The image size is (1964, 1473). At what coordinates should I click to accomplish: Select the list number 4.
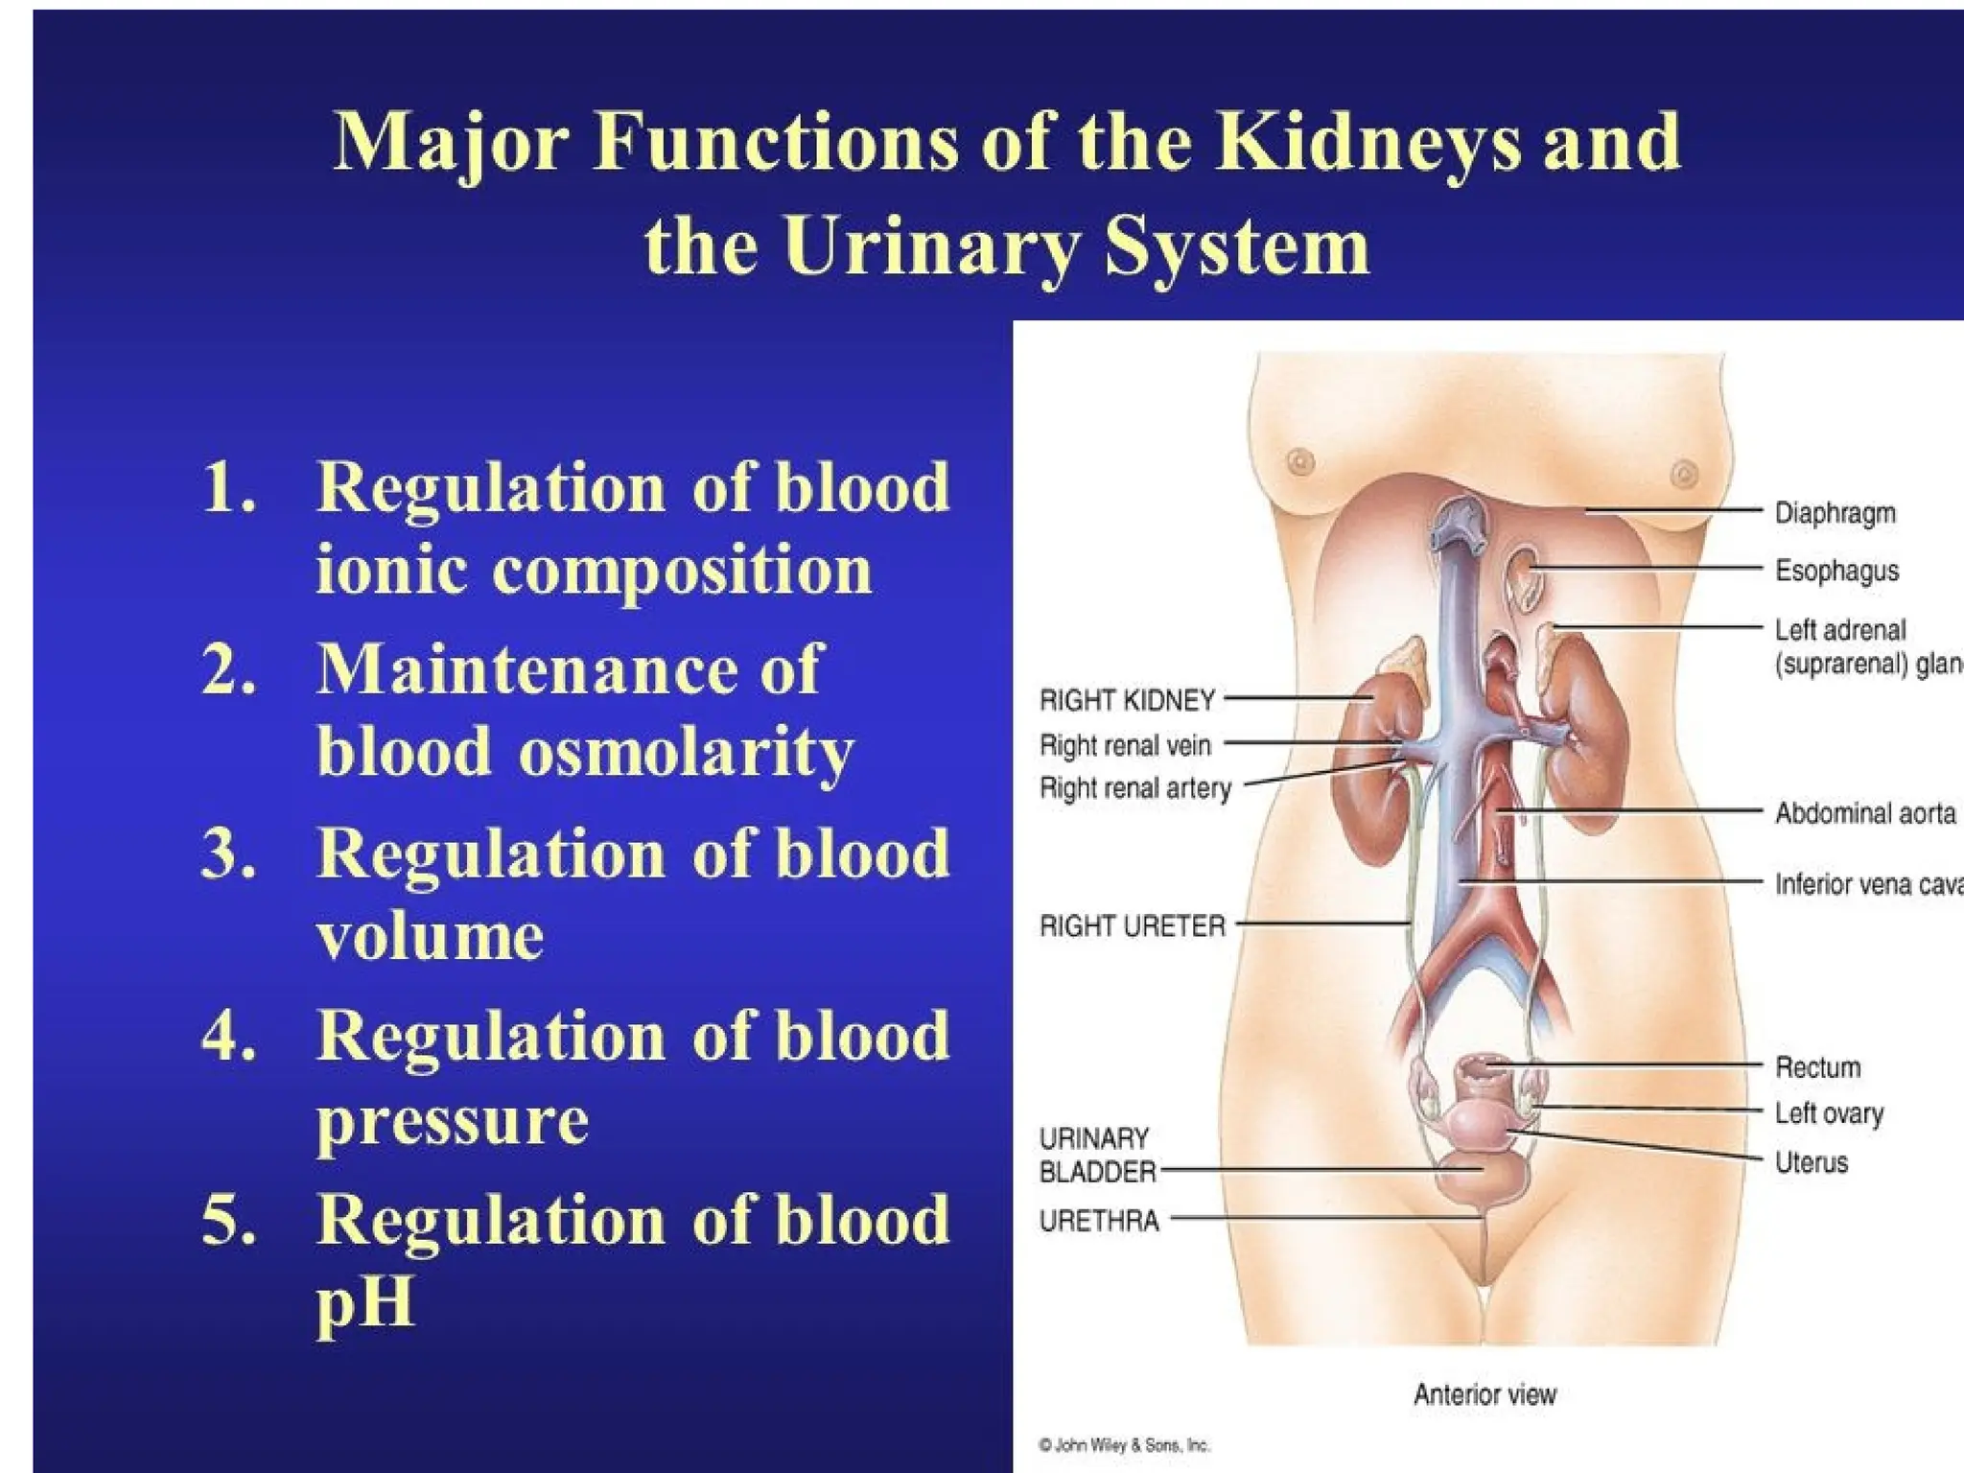point(228,1037)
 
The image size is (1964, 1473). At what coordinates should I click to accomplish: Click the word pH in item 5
point(364,1301)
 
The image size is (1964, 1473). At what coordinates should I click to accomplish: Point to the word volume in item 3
point(430,935)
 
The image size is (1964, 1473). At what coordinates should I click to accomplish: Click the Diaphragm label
point(1835,513)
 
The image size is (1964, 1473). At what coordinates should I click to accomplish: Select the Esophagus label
point(1836,571)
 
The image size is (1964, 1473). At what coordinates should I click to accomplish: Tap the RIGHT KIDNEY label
point(1127,700)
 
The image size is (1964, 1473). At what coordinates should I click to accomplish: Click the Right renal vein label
point(1125,745)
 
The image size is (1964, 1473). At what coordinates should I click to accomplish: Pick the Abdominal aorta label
point(1864,813)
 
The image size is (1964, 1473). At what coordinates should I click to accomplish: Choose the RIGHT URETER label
point(1133,926)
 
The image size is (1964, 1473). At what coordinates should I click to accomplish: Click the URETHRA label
point(1099,1221)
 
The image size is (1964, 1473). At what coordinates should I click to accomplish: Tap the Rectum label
point(1817,1067)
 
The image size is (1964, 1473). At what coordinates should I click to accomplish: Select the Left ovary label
point(1829,1113)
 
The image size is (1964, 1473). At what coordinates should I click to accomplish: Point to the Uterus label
point(1811,1162)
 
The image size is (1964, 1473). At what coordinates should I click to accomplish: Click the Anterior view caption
point(1485,1394)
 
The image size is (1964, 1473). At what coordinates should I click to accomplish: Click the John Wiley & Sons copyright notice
point(1124,1445)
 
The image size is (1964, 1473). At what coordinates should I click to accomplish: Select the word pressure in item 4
point(453,1119)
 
